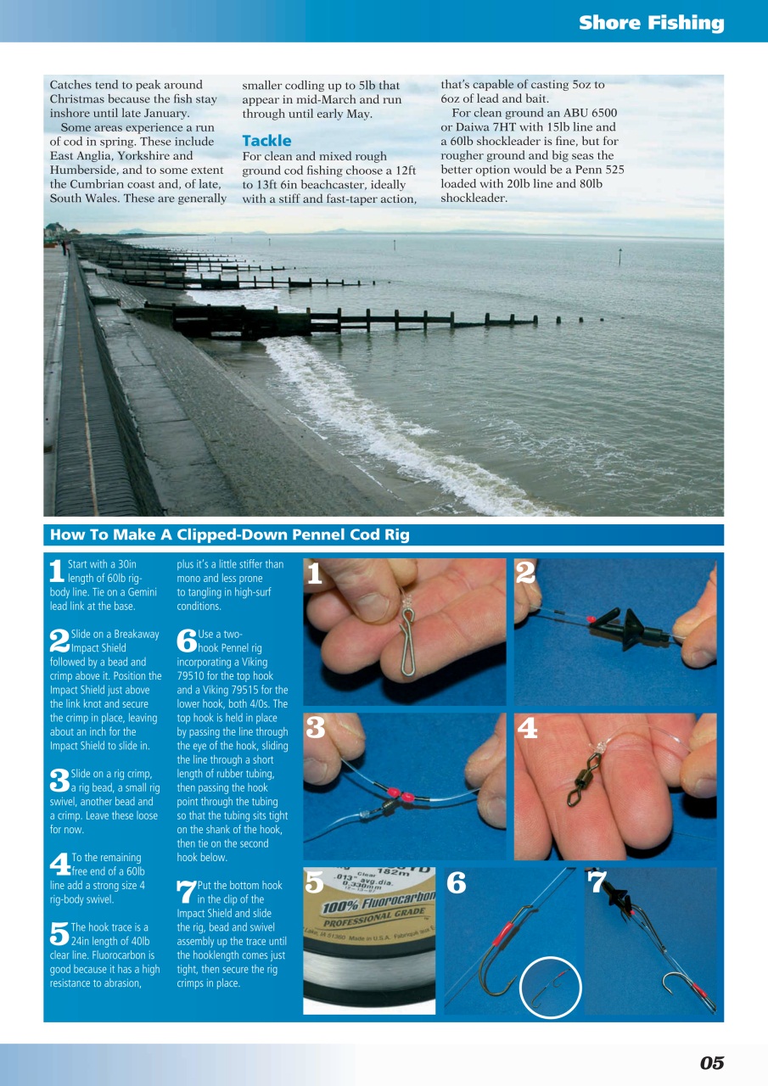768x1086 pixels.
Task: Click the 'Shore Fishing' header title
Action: click(651, 23)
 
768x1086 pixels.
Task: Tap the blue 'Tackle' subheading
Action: click(266, 141)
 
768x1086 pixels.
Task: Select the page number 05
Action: click(711, 1063)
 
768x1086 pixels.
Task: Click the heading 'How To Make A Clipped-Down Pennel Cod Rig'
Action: click(229, 535)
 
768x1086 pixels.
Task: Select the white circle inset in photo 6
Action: click(550, 988)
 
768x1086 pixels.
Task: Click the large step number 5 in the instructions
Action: click(59, 935)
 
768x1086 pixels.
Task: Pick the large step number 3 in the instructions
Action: click(59, 781)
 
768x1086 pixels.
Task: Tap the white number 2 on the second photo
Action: click(526, 574)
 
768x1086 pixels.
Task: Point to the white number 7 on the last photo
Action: click(597, 883)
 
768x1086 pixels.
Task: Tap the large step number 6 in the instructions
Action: click(186, 641)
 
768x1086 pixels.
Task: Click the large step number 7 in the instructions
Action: click(186, 892)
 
